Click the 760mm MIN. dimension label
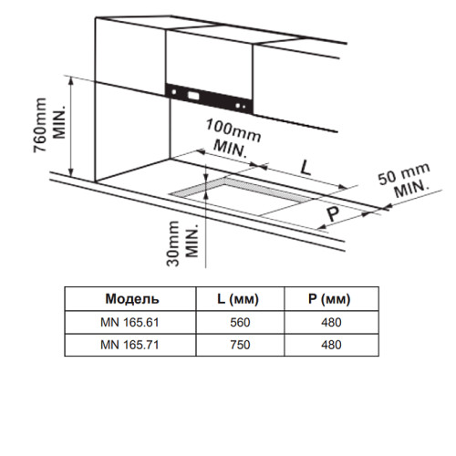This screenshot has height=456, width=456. tap(50, 126)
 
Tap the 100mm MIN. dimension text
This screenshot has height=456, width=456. tap(233, 139)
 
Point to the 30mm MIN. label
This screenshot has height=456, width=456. tap(182, 244)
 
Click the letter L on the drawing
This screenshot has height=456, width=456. tap(306, 168)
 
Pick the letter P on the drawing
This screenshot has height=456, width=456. tap(333, 214)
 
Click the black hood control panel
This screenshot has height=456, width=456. tap(209, 98)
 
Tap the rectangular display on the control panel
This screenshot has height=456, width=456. tap(193, 96)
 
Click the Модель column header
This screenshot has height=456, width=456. tap(132, 299)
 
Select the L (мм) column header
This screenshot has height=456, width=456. tap(238, 299)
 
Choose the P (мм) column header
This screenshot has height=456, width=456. tap(329, 299)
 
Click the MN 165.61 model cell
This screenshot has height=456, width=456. tap(130, 322)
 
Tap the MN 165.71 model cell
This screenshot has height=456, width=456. tap(130, 345)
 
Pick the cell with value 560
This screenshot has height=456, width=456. tap(240, 322)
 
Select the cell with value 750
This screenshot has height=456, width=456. tap(240, 345)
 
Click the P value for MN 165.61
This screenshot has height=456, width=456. tap(331, 322)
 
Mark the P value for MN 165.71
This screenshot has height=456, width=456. tap(331, 345)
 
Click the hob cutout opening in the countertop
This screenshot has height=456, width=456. tap(244, 197)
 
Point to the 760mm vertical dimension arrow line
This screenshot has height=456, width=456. tap(71, 127)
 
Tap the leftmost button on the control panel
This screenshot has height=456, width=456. tap(174, 91)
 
